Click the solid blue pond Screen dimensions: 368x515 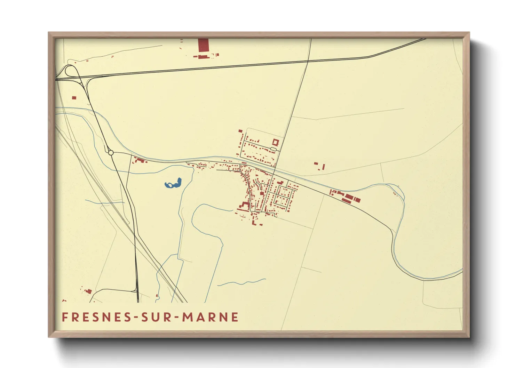coord(173,184)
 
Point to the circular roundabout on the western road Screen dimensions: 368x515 coord(111,152)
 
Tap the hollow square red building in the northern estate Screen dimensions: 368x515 coord(276,142)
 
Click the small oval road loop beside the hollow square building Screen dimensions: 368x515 coord(273,149)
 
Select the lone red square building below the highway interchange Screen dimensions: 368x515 coord(74,98)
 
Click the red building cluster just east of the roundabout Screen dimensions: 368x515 coord(139,160)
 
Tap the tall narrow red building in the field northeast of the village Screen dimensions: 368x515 coord(323,167)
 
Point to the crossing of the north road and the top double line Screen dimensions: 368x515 coord(308,62)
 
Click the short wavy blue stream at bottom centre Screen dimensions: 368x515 coord(242,282)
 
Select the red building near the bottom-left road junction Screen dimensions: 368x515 coord(88,291)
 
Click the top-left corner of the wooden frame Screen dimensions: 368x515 coord(49,33)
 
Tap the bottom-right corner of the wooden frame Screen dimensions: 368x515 coord(469,337)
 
